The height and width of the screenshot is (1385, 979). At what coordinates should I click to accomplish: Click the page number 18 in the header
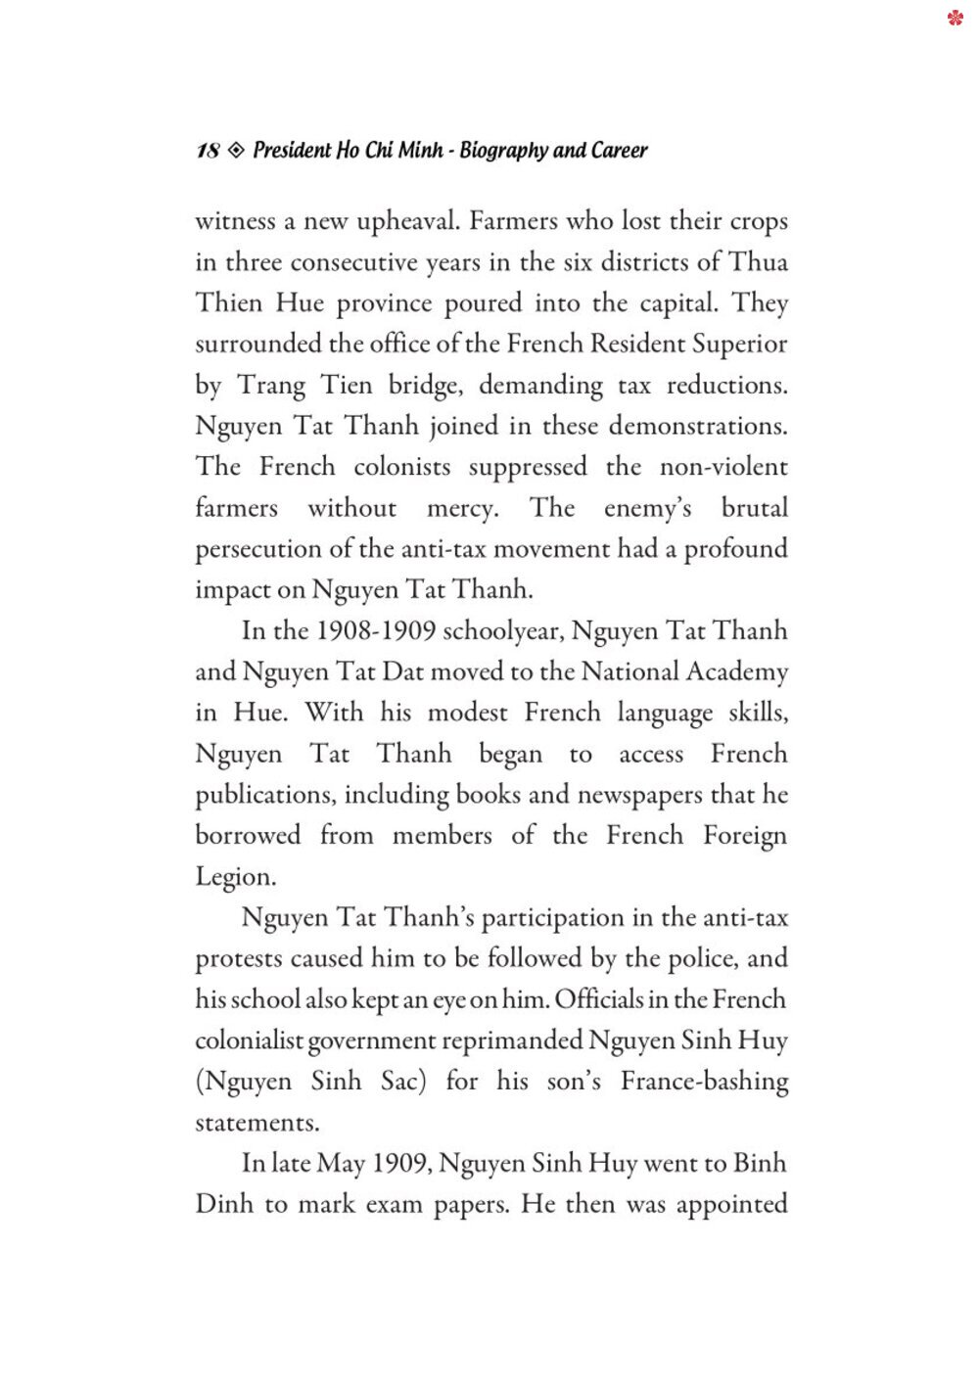208,151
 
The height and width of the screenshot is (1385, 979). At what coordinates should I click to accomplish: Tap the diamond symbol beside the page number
236,151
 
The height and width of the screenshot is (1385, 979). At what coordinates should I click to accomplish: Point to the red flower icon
956,17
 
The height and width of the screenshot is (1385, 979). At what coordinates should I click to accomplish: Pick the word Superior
739,345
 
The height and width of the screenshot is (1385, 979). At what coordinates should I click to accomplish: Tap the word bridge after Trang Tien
425,386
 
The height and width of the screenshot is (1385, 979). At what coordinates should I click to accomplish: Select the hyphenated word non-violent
723,467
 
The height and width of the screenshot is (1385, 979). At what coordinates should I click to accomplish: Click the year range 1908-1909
376,630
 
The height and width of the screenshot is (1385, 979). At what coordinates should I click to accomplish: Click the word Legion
235,877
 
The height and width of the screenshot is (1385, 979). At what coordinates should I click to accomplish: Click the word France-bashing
704,1082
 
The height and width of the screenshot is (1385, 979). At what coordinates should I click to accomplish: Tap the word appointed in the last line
731,1205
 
